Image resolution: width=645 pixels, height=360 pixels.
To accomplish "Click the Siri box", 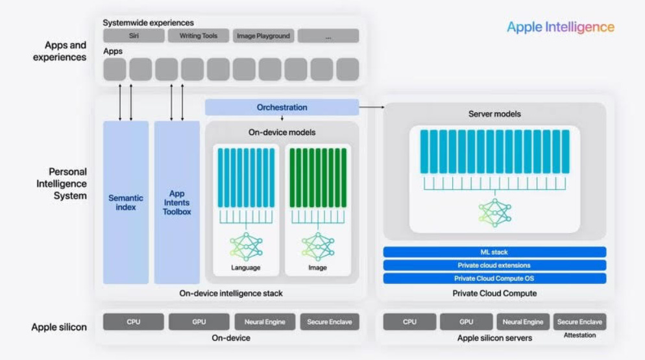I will coord(134,36).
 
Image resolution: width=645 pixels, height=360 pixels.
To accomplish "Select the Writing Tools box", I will coord(198,36).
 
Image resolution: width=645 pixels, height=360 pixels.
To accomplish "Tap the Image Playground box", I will coord(263,36).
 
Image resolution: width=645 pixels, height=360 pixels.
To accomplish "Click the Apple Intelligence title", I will coord(560,27).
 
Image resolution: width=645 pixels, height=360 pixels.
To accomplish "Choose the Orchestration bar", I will coord(282,107).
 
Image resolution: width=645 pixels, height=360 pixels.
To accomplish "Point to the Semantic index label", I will coord(126,202).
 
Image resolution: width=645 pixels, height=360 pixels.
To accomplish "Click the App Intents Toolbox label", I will coord(176,202).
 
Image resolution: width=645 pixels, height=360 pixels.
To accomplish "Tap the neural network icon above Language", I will coord(246,247).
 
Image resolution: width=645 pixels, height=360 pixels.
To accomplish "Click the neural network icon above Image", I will coord(317,247).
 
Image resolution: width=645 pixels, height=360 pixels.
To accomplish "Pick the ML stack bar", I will coord(494,252).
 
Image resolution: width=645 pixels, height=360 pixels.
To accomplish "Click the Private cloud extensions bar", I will coord(494,265).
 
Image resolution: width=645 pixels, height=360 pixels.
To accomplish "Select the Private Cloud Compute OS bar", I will coord(494,278).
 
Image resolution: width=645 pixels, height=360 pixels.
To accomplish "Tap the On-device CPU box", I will coord(133,322).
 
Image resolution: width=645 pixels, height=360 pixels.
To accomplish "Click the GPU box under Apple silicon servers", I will coord(466,322).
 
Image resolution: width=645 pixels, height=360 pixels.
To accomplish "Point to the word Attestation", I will coord(579,335).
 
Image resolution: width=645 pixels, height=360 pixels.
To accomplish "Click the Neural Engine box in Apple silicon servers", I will coord(522,322).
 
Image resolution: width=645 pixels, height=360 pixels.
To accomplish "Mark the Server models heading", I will coord(494,114).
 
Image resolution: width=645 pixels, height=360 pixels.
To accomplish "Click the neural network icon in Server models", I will coord(494,211).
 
